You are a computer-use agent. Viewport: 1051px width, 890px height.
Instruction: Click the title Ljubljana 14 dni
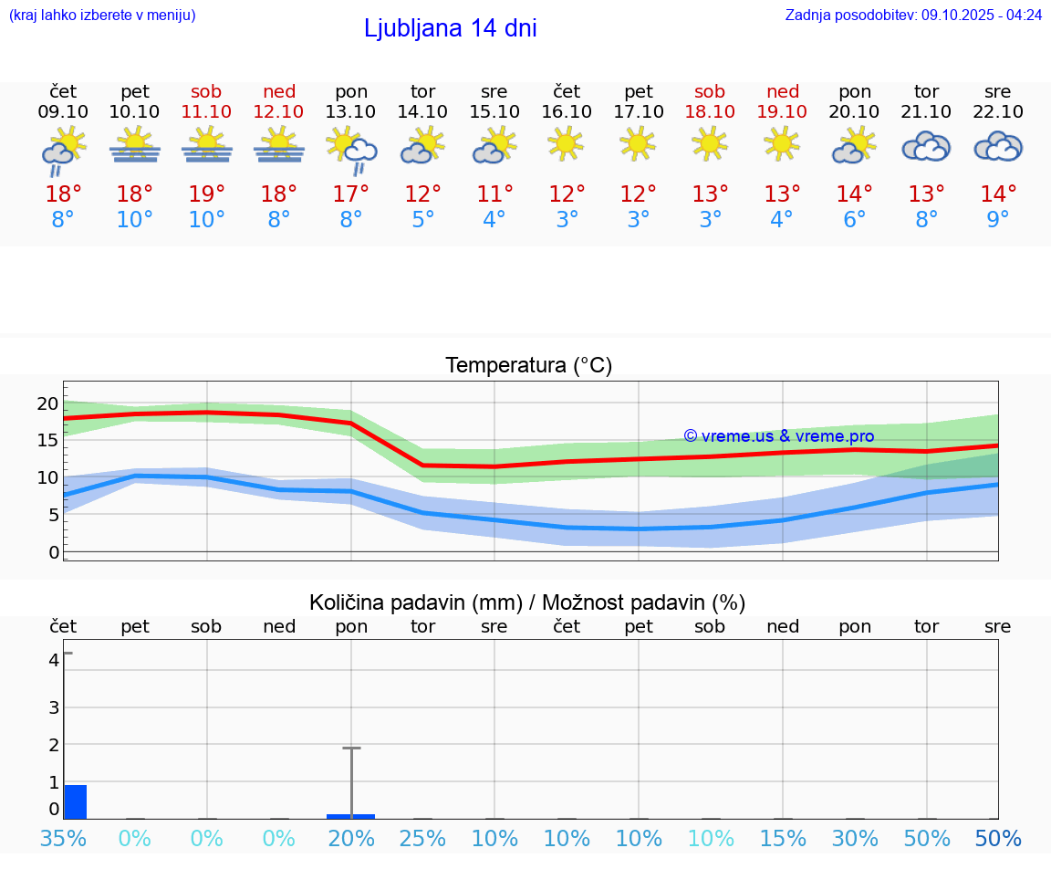pos(450,28)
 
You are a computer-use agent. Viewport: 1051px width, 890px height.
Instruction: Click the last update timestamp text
pos(913,16)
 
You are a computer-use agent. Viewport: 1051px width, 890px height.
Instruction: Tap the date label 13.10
pos(351,112)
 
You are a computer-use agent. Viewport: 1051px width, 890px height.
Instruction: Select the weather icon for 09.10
pos(63,150)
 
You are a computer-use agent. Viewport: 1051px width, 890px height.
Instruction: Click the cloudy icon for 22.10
pos(998,147)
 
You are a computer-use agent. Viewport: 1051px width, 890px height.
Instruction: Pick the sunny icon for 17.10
pos(638,143)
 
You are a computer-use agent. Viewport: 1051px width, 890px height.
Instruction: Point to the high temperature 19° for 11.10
pos(207,194)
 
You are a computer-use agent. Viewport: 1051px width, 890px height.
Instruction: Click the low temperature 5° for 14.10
pos(422,220)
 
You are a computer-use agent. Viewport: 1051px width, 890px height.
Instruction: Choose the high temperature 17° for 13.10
pos(351,194)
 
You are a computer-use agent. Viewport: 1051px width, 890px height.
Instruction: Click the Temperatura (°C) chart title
pos(528,366)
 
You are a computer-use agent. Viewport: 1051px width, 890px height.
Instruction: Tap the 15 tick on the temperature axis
pos(47,440)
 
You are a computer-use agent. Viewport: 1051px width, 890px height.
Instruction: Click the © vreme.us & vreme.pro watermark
pos(778,436)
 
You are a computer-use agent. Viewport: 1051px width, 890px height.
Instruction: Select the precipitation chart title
pos(527,602)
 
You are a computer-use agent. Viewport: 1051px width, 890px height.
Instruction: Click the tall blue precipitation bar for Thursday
pos(76,802)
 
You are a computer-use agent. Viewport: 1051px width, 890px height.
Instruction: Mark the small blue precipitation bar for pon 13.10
pos(351,816)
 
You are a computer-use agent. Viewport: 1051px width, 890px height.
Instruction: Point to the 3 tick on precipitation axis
pos(54,707)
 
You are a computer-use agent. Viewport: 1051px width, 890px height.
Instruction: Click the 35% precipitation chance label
pos(63,839)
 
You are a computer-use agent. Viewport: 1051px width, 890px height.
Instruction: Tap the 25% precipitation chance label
pos(422,839)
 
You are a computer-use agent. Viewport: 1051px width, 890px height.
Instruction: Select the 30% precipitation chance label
pos(855,839)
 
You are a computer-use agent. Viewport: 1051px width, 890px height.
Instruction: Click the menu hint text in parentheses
pos(102,16)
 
